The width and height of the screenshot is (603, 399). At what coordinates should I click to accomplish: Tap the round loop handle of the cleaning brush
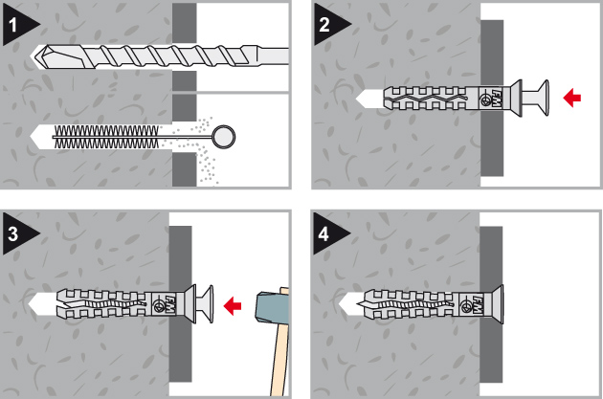point(224,137)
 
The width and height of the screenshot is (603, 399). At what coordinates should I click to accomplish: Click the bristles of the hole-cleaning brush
point(106,137)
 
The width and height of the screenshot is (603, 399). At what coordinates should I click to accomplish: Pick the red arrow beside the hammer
point(233,306)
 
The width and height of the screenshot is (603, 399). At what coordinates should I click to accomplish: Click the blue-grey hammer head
point(272,306)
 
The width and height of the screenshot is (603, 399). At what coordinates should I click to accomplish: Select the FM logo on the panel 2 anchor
point(496,98)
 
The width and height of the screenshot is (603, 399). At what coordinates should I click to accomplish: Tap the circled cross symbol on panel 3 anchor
point(159,306)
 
